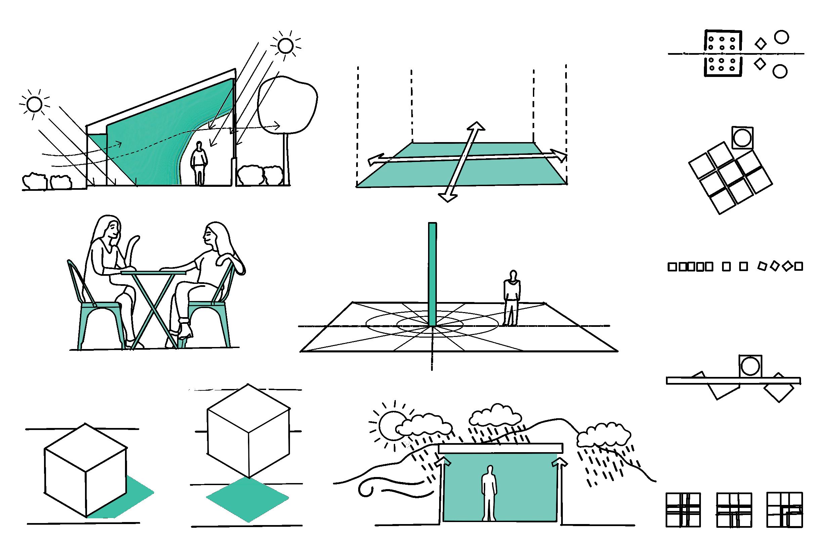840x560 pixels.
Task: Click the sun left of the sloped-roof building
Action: tap(35, 104)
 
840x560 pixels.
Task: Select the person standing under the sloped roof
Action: tap(199, 163)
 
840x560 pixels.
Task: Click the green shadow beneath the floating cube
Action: tap(248, 499)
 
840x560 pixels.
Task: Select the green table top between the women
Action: tap(154, 273)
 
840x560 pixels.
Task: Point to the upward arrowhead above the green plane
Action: tap(476, 126)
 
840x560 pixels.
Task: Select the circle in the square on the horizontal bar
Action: tap(750, 367)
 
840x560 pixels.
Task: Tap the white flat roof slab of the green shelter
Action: tap(500, 448)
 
